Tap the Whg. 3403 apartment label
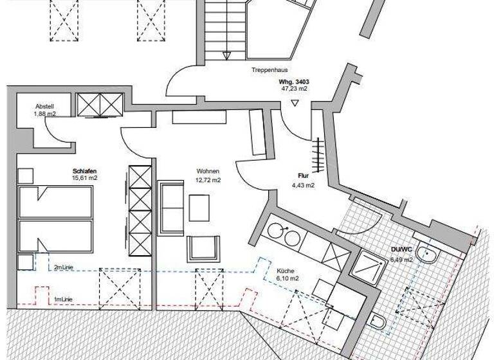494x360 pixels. (x=294, y=82)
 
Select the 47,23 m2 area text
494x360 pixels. (x=294, y=89)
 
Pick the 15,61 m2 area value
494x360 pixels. (x=84, y=179)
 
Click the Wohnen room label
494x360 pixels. (x=208, y=172)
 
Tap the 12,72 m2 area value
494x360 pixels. (x=208, y=180)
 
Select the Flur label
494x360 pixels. (x=304, y=175)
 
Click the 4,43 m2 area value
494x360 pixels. (x=303, y=186)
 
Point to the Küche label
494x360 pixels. (x=286, y=271)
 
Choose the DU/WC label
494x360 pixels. (x=401, y=251)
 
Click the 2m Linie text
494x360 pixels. (x=63, y=267)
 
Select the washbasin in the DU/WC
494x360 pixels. (x=428, y=255)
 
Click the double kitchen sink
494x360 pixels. (x=283, y=234)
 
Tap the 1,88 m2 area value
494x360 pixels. (x=45, y=114)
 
